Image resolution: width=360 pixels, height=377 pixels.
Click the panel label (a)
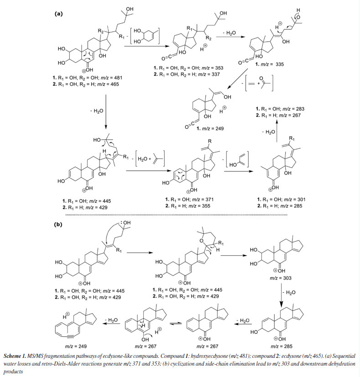[58, 14]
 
